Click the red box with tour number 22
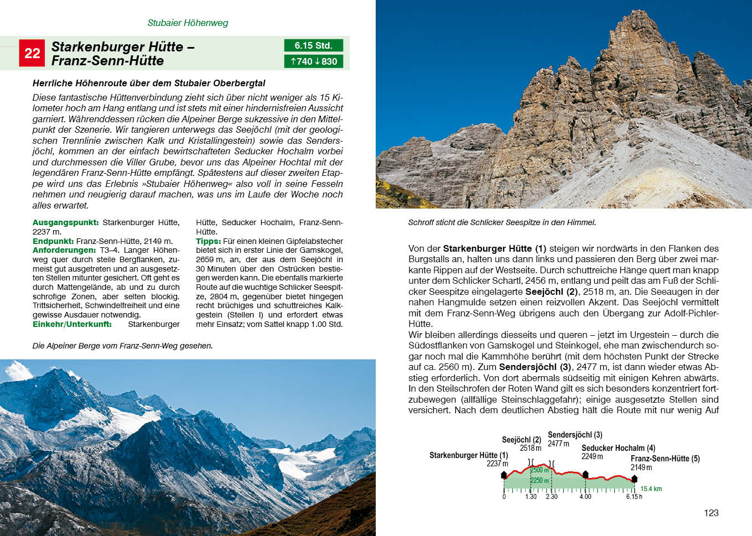tap(32, 53)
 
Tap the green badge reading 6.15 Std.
tap(313, 45)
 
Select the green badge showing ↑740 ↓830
tap(314, 61)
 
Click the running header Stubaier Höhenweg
tap(188, 23)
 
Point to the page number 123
tap(711, 513)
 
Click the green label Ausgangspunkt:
tap(65, 222)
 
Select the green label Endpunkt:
tap(53, 241)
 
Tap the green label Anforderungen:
tap(64, 250)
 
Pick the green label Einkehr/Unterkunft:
tap(72, 324)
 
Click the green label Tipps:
tap(208, 241)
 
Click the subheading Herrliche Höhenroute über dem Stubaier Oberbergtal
tap(149, 83)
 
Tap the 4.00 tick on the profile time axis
tap(585, 496)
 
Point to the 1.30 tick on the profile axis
tap(531, 496)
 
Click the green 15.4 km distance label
tap(651, 489)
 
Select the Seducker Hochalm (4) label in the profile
tap(618, 448)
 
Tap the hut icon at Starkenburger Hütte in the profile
tap(504, 475)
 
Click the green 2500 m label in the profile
tap(539, 470)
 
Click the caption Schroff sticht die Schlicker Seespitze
tap(502, 222)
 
